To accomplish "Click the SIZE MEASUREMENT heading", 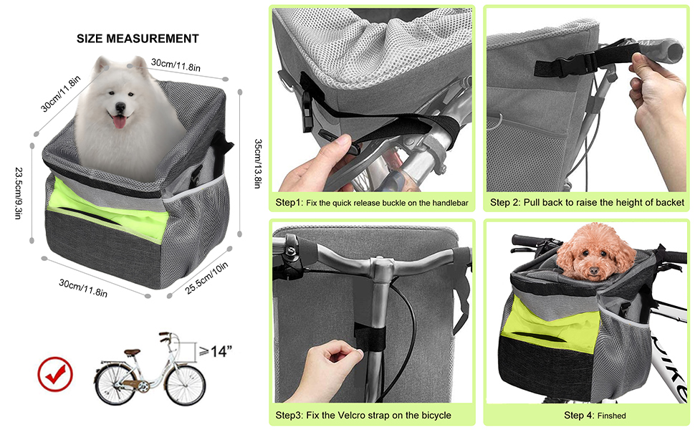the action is coord(138,39).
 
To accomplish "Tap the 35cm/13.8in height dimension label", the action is coord(258,163).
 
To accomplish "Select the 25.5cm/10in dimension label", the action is coord(206,277).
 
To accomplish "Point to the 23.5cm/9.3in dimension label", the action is coord(19,193).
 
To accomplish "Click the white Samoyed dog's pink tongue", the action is coord(119,121).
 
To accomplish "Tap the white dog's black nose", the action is coord(120,107).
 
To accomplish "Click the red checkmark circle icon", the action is coord(55,374).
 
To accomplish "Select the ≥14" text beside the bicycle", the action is coord(216,351).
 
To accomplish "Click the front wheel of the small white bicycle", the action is coord(186,384).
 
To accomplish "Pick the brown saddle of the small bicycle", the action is coord(132,353).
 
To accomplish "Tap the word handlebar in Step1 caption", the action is coord(451,203).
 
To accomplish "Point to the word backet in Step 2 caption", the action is coord(670,203).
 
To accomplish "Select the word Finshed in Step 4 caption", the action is coord(612,416).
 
